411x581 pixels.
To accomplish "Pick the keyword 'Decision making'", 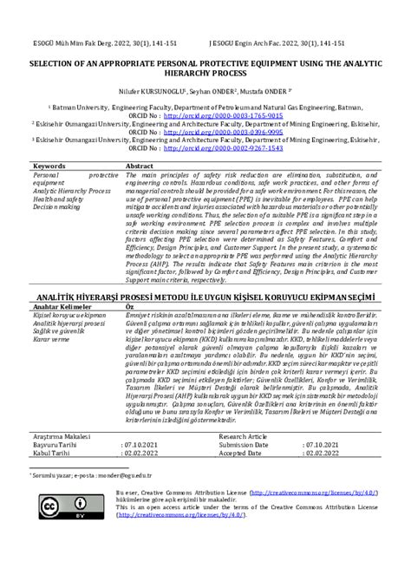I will [x=56, y=206].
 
